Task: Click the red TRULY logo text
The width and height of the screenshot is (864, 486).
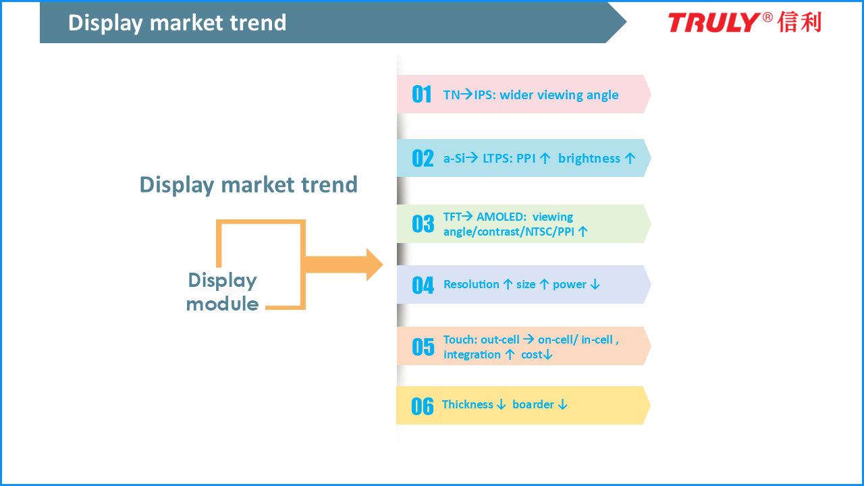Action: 714,22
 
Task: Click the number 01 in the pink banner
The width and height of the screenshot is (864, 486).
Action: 422,94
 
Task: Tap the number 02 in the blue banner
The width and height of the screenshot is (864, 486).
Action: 423,159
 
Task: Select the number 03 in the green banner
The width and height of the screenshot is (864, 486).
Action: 423,224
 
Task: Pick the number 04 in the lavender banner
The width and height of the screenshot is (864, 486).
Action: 423,286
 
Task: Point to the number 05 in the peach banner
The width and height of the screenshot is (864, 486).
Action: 423,347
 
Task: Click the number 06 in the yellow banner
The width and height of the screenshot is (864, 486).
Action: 423,406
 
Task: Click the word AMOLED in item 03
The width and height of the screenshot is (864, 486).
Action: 502,217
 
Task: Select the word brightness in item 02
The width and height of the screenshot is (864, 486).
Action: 589,159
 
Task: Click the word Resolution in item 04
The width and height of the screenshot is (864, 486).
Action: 471,284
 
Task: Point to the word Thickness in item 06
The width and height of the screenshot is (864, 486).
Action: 468,404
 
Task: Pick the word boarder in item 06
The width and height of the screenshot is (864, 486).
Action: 533,404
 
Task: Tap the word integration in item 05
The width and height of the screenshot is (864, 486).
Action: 472,355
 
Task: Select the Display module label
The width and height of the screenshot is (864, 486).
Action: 222,292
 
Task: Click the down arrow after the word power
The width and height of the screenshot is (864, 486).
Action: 595,285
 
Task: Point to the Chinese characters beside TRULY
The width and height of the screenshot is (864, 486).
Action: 800,22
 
